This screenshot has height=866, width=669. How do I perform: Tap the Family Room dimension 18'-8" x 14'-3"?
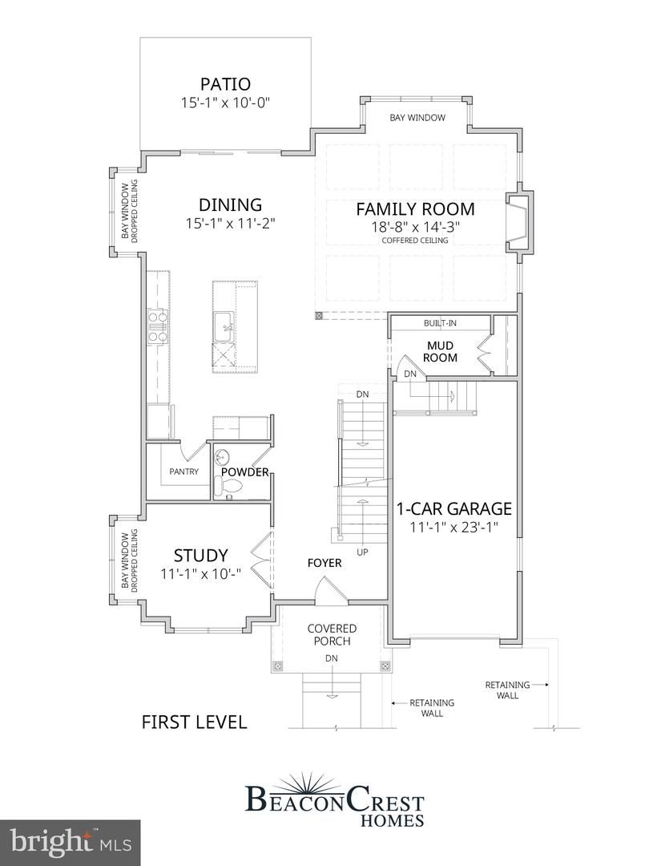pyautogui.click(x=415, y=227)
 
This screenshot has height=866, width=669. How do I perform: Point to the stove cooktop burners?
pyautogui.click(x=158, y=327)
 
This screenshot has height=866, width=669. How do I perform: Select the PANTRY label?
pyautogui.click(x=183, y=472)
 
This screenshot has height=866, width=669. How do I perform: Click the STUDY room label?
pyautogui.click(x=201, y=555)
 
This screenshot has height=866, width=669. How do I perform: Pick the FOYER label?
pyautogui.click(x=324, y=563)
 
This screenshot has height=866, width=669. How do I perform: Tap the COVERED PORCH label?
pyautogui.click(x=332, y=634)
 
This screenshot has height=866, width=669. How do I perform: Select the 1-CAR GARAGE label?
pyautogui.click(x=453, y=508)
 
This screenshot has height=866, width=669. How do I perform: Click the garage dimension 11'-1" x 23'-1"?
pyautogui.click(x=454, y=528)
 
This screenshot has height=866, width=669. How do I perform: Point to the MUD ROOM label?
pyautogui.click(x=440, y=351)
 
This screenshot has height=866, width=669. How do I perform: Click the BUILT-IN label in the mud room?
pyautogui.click(x=439, y=324)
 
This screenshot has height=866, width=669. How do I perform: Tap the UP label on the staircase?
pyautogui.click(x=363, y=552)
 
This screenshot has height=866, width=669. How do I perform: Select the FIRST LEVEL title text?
pyautogui.click(x=194, y=722)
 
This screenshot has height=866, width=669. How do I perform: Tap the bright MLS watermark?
pyautogui.click(x=70, y=841)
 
